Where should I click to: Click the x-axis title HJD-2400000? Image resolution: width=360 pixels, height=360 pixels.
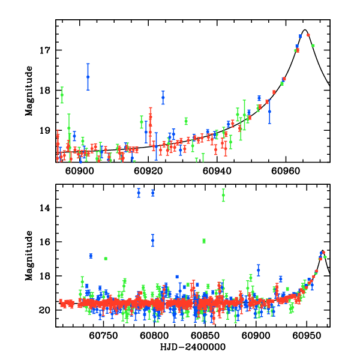tap(193, 347)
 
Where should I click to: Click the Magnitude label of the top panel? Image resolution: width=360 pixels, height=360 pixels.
tap(28, 91)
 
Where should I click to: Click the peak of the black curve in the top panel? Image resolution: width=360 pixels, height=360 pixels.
tap(305, 30)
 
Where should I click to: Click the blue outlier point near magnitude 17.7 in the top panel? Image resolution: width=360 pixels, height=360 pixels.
tap(88, 77)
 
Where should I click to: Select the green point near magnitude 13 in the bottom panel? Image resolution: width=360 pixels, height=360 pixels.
tap(223, 194)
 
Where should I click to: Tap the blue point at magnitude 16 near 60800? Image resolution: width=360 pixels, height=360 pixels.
tap(152, 240)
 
